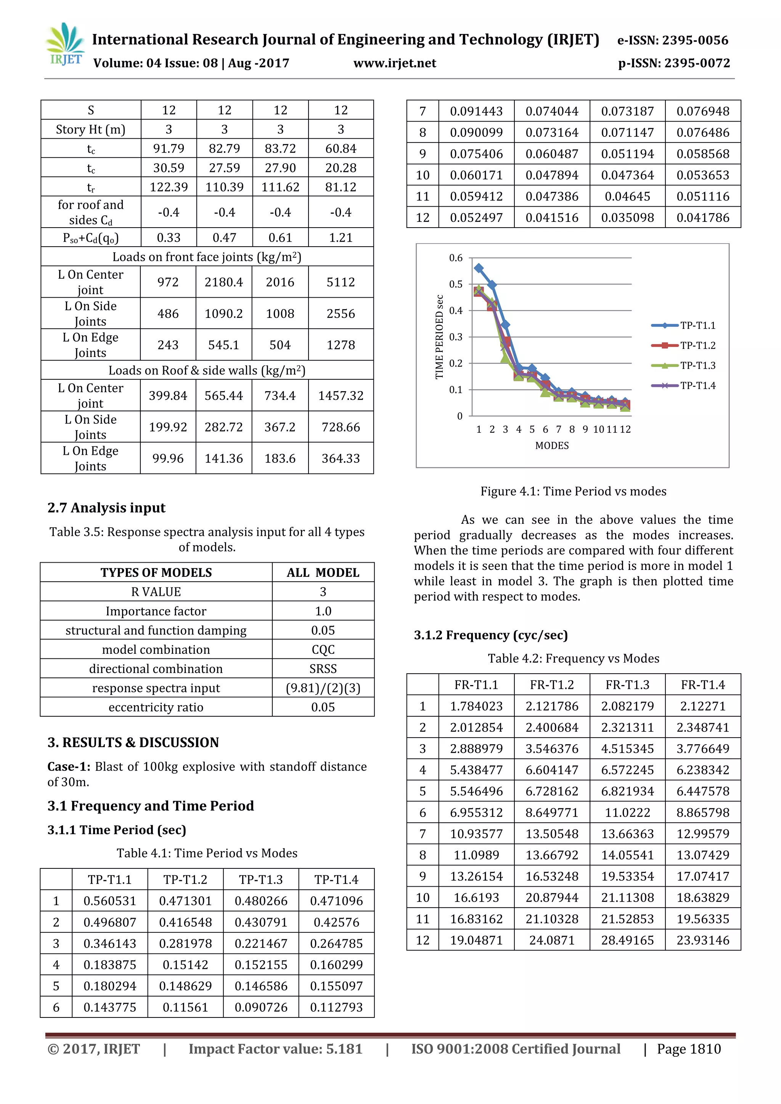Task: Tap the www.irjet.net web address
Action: (394, 63)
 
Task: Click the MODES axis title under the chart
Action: (551, 445)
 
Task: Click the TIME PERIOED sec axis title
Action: (439, 337)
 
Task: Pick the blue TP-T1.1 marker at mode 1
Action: (479, 268)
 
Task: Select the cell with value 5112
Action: (341, 282)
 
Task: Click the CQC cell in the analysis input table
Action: (323, 649)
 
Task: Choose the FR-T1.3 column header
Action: (627, 684)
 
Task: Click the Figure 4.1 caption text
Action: (573, 491)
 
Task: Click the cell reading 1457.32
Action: (341, 395)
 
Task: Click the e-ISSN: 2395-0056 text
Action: (672, 40)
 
